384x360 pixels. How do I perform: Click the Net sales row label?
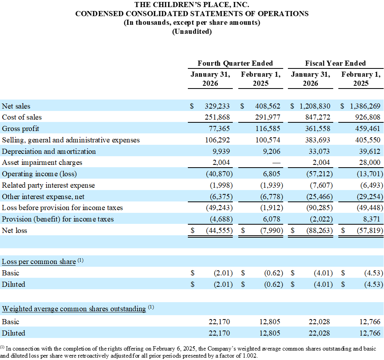pos(16,106)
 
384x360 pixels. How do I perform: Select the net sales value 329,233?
pos(217,106)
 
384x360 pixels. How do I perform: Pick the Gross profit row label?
pos(20,129)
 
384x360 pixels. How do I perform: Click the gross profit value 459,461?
pos(368,129)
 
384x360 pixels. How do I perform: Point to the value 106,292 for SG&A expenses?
pos(217,140)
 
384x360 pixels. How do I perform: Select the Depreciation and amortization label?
pos(49,151)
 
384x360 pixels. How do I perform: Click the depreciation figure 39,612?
pos(370,151)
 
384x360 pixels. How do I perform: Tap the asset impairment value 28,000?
pos(370,163)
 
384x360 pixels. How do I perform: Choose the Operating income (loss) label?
pos(39,174)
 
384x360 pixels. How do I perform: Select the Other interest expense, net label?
pos(43,197)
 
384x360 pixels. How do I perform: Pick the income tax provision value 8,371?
pos(372,219)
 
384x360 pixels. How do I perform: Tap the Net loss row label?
pos(15,231)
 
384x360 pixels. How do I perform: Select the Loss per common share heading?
pos(39,262)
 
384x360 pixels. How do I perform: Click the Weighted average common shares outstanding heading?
pos(74,309)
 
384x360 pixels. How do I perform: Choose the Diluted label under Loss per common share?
pos(13,284)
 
